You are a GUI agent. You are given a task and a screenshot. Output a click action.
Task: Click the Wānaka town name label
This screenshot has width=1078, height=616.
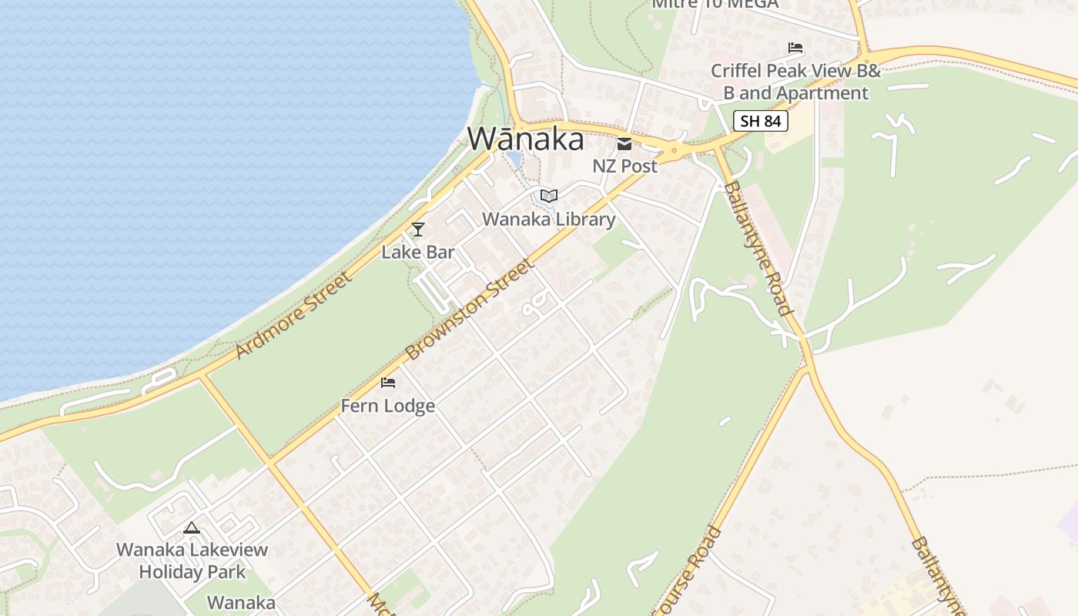coord(525,139)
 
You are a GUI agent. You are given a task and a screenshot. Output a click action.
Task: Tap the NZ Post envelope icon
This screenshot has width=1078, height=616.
coord(624,144)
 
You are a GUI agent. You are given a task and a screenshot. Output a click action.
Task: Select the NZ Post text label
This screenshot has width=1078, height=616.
coord(624,166)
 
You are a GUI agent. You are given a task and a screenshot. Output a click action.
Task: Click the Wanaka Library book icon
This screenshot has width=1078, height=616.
coord(548,196)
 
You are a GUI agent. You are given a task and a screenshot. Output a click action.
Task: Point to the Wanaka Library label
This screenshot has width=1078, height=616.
coord(548,219)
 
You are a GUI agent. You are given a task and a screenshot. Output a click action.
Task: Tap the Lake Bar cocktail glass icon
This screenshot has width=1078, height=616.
coord(418,229)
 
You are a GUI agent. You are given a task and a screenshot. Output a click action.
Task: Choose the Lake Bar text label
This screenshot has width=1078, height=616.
coord(418,252)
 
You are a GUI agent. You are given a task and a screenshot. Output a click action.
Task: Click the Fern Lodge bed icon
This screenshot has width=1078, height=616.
coord(388,383)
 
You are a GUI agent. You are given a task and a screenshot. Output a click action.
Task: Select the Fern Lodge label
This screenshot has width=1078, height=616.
coord(388,406)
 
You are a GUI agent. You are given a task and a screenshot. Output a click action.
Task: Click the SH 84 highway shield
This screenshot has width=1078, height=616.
coord(760,121)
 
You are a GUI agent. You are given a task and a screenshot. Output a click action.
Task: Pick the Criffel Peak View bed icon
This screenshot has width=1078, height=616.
coord(795,49)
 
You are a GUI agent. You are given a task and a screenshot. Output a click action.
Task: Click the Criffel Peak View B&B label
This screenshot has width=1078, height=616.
coord(795,82)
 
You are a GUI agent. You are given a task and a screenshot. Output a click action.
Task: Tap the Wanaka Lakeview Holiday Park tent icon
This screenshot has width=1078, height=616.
coord(192,528)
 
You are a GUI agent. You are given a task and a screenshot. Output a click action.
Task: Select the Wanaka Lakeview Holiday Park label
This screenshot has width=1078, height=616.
coord(192,561)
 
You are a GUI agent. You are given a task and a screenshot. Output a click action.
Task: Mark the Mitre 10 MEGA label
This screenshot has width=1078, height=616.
coord(715,4)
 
